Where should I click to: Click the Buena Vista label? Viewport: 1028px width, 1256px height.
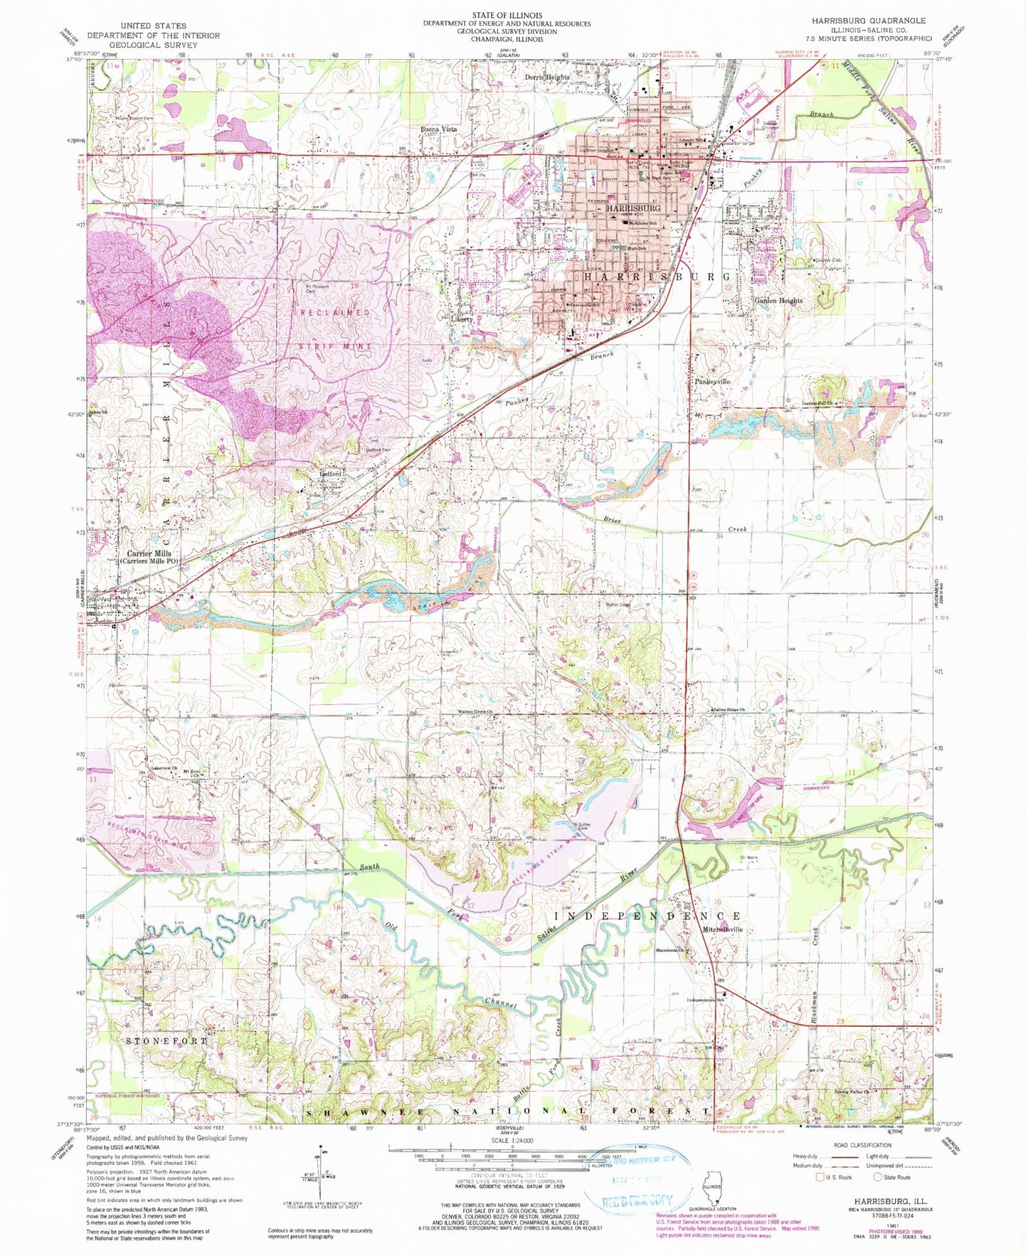pos(438,129)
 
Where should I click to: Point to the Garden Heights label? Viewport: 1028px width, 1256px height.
pos(778,300)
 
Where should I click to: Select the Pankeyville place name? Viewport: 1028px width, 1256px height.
pos(711,382)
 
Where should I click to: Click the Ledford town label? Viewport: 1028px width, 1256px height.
pos(332,473)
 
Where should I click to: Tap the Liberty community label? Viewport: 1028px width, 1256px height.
pos(462,319)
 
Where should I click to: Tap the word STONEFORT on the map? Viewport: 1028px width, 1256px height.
pos(167,1041)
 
